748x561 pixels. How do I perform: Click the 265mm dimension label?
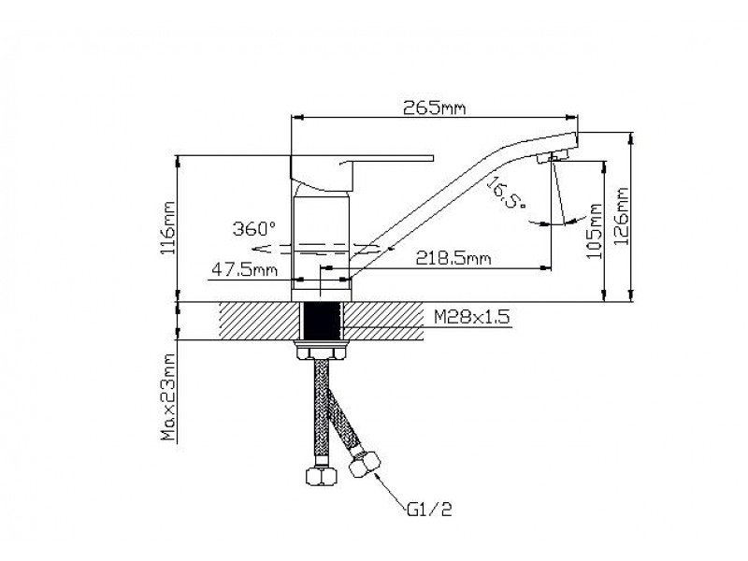pyautogui.click(x=434, y=108)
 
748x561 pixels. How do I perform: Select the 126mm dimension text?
pyautogui.click(x=622, y=216)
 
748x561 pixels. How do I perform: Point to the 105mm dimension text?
pyautogui.click(x=595, y=231)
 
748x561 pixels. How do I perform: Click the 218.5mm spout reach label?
pyautogui.click(x=453, y=258)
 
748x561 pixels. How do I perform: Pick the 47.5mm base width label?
pyautogui.click(x=244, y=270)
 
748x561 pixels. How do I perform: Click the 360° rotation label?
pyautogui.click(x=254, y=228)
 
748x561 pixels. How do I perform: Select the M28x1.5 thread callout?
pyautogui.click(x=472, y=316)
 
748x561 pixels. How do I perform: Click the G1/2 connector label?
pyautogui.click(x=430, y=510)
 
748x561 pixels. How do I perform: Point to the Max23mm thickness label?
pyautogui.click(x=168, y=396)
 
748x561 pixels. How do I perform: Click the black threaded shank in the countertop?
pyautogui.click(x=321, y=321)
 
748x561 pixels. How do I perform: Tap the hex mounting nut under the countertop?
pyautogui.click(x=321, y=353)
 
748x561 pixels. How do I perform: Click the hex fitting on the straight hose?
pyautogui.click(x=321, y=476)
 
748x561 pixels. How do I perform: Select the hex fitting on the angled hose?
pyautogui.click(x=365, y=464)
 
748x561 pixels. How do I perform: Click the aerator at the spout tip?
pyautogui.click(x=551, y=156)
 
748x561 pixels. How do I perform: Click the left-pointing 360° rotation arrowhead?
pyautogui.click(x=260, y=249)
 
